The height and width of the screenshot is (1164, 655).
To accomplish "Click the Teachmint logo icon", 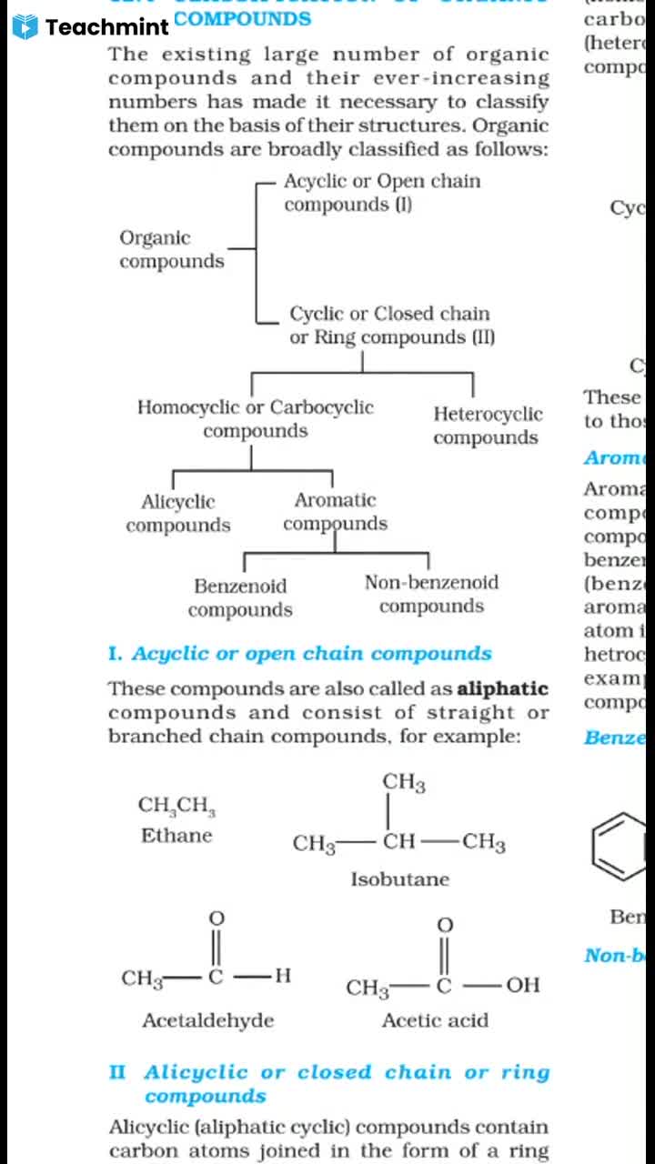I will (x=26, y=26).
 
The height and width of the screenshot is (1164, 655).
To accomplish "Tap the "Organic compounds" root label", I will (x=171, y=249).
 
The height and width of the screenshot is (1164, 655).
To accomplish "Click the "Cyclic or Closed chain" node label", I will (x=390, y=315).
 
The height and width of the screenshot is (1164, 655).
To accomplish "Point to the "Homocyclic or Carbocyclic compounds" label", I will (x=255, y=419).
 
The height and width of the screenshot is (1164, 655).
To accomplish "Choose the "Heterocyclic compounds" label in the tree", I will (x=487, y=426).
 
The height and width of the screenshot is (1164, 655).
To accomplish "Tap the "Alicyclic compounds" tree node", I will (x=178, y=513).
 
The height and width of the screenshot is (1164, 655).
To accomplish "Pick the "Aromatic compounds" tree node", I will (x=335, y=512).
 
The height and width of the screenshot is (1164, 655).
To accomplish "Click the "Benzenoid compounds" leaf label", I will (x=240, y=597).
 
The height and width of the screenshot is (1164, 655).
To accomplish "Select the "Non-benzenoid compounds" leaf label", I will (x=431, y=594).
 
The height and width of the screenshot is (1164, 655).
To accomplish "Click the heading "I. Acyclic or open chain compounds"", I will (x=299, y=654).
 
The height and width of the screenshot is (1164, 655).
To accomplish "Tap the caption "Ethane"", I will (x=176, y=836).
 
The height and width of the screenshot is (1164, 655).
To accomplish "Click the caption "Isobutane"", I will (x=400, y=879).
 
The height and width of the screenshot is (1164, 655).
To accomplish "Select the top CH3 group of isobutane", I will (x=403, y=783).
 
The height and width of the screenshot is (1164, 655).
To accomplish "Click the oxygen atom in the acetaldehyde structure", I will (x=217, y=918).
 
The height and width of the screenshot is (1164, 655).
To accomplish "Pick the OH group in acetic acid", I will (x=522, y=986).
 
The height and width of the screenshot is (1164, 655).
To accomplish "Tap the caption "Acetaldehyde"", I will (x=207, y=1020).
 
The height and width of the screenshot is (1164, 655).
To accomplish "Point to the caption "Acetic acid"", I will (x=435, y=1020).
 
